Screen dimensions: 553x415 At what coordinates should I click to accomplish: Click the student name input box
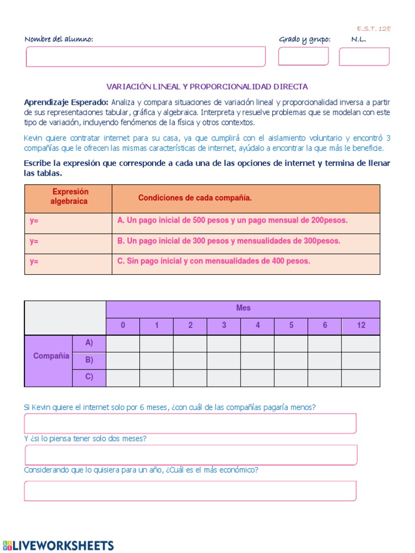pyautogui.click(x=146, y=57)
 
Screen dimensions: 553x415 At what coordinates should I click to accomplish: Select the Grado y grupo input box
pyautogui.click(x=303, y=56)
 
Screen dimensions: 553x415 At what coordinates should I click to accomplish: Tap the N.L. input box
pyautogui.click(x=364, y=56)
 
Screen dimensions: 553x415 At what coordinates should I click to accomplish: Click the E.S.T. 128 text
pyautogui.click(x=373, y=29)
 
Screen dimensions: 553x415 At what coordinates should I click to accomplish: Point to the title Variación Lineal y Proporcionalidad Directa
pyautogui.click(x=207, y=86)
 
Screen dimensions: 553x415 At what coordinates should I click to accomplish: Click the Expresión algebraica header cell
pyautogui.click(x=69, y=197)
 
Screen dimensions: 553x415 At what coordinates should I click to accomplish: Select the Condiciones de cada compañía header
pyautogui.click(x=195, y=198)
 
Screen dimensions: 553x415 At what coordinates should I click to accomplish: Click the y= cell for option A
pyautogui.click(x=69, y=221)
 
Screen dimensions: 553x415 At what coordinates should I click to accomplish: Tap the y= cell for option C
pyautogui.click(x=69, y=261)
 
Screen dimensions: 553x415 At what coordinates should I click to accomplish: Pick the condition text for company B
pyautogui.click(x=229, y=241)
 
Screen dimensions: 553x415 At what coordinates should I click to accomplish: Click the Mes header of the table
pyautogui.click(x=243, y=308)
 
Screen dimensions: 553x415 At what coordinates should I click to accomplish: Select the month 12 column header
pyautogui.click(x=360, y=325)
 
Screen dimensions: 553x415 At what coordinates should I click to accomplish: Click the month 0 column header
pyautogui.click(x=123, y=325)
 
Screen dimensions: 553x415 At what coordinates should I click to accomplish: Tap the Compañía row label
pyautogui.click(x=51, y=356)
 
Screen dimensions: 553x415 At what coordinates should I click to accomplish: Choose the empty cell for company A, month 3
pyautogui.click(x=224, y=343)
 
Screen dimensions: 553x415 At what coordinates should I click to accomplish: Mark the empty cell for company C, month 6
pyautogui.click(x=325, y=378)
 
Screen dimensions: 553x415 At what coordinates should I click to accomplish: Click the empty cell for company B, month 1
pyautogui.click(x=157, y=361)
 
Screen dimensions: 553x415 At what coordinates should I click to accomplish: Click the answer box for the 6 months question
pyautogui.click(x=190, y=423)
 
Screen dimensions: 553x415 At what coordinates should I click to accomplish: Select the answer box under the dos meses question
pyautogui.click(x=190, y=455)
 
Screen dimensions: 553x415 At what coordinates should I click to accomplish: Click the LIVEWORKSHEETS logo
pyautogui.click(x=58, y=545)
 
